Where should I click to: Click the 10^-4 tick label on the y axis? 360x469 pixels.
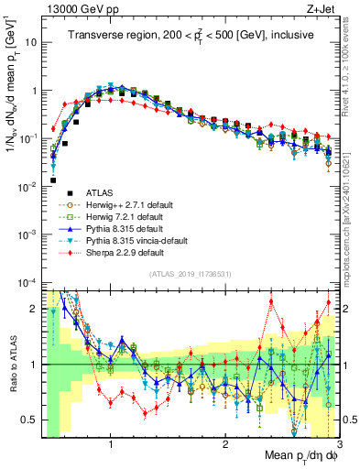[28, 282]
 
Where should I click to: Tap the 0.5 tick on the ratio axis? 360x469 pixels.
[31, 420]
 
